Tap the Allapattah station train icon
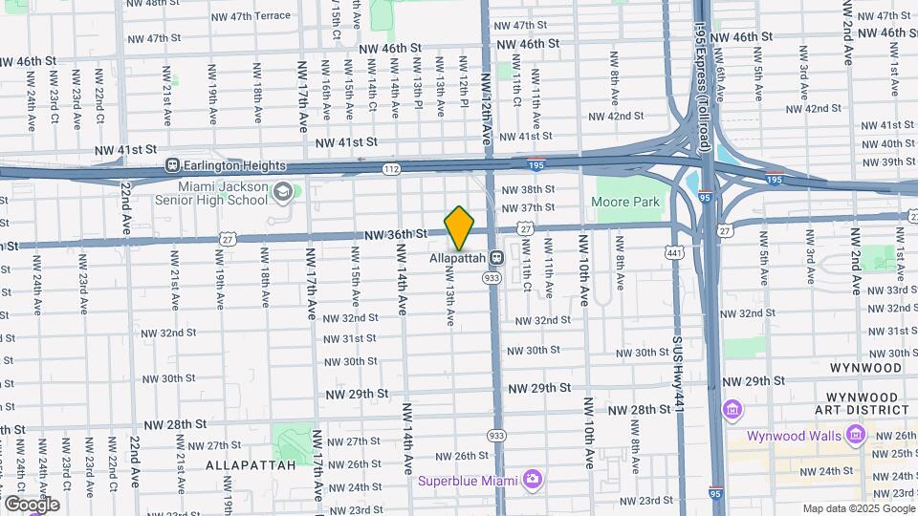[496, 258]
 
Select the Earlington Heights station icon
[173, 163]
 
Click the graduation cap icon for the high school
[282, 192]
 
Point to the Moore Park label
[626, 203]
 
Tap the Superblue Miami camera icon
[532, 479]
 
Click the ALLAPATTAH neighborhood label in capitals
[241, 465]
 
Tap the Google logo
[32, 504]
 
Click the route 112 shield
[390, 168]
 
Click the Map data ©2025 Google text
[858, 508]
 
